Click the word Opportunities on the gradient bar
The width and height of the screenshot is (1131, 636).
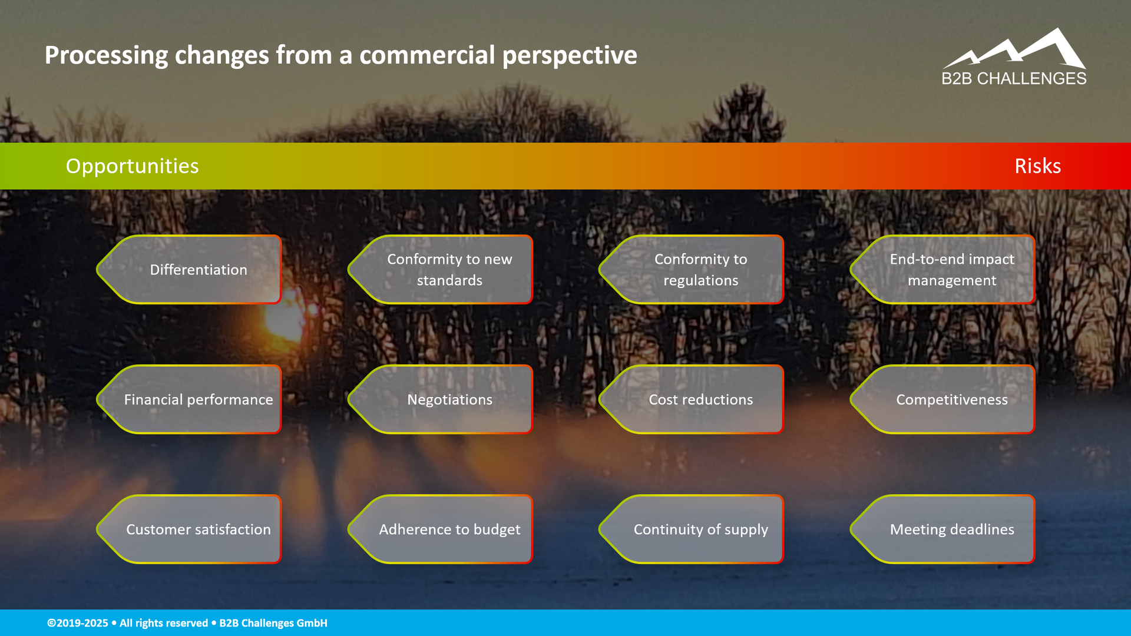click(x=132, y=167)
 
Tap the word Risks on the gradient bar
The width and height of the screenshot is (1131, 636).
click(x=1037, y=166)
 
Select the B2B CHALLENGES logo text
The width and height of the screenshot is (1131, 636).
click(x=1014, y=78)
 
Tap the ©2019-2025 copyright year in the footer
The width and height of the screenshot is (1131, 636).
click(x=78, y=623)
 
